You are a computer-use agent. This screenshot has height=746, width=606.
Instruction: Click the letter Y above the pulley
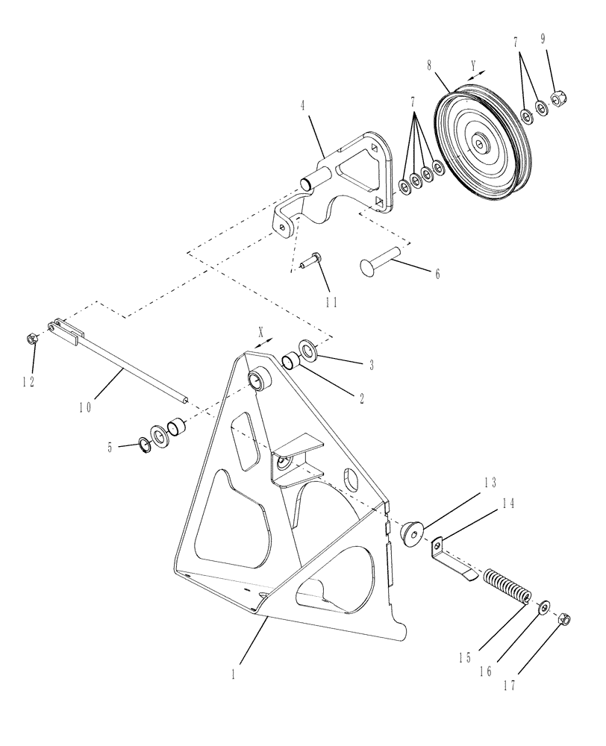tap(472, 65)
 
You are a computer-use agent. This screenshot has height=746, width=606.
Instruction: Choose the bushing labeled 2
tap(290, 363)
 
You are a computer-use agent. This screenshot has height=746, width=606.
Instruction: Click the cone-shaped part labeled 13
tap(412, 532)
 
